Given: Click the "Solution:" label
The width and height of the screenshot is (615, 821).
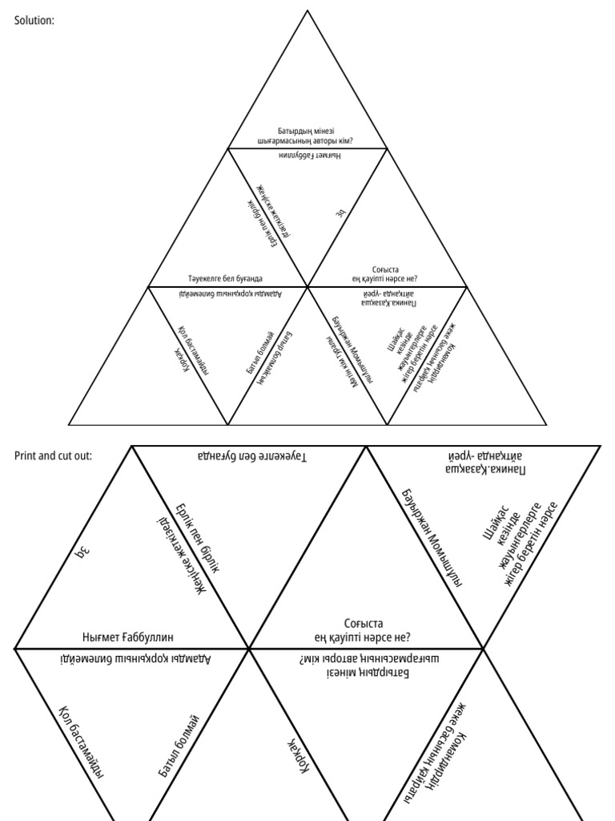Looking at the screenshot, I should [x=34, y=21].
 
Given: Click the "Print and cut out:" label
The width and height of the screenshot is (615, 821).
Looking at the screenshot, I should [x=53, y=455].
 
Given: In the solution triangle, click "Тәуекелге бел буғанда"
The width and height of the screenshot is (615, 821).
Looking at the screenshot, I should [x=225, y=278].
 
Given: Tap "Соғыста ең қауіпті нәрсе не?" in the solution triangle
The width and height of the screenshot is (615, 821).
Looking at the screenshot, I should [x=386, y=273].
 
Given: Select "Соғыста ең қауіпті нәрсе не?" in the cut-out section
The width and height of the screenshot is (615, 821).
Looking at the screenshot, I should [x=363, y=630].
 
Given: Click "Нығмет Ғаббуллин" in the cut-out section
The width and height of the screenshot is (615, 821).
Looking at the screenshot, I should [x=128, y=637].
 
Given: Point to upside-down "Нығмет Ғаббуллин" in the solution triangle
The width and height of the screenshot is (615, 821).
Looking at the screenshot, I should [x=309, y=154].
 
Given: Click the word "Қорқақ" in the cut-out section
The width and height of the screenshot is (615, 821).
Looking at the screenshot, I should [x=297, y=751].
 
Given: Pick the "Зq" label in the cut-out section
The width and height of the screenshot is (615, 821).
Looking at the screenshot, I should [x=79, y=552].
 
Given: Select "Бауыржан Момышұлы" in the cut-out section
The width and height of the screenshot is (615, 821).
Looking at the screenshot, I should [x=432, y=535].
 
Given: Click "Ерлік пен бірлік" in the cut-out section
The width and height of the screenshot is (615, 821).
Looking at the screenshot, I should [x=196, y=538].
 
